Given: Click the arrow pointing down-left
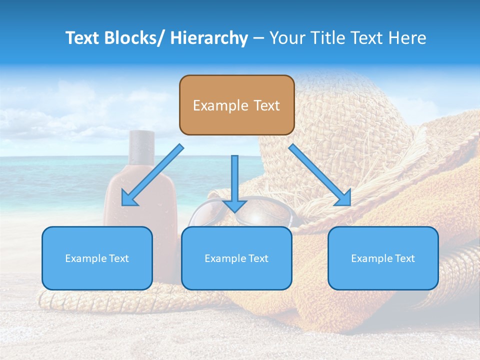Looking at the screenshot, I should [x=152, y=175].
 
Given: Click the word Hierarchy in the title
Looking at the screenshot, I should [x=209, y=38].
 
